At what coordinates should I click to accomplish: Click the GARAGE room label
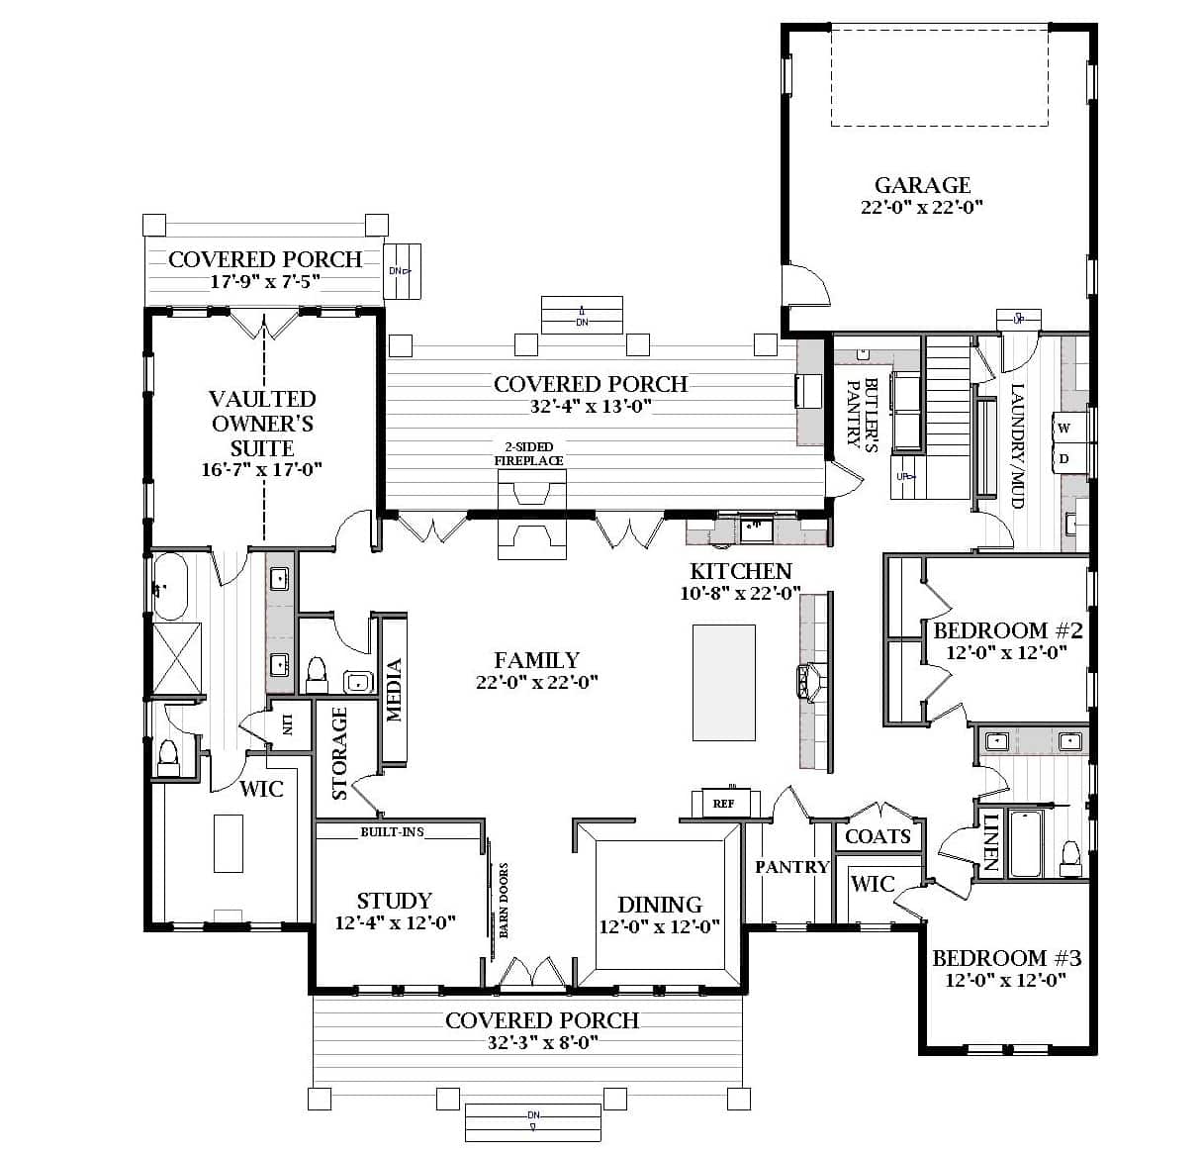[922, 185]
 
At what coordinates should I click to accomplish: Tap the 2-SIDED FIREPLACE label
[529, 454]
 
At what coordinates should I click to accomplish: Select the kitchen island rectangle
[723, 682]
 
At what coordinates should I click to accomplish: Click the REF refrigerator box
[724, 804]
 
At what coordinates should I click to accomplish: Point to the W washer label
[1064, 429]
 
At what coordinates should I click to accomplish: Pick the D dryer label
[1064, 459]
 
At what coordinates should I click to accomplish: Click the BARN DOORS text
[504, 901]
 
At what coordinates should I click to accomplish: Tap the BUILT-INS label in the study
[392, 832]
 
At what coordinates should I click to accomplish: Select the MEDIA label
[394, 690]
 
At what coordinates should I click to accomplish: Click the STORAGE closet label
[339, 753]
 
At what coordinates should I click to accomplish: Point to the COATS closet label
[878, 837]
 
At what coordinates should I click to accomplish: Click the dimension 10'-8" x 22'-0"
[740, 594]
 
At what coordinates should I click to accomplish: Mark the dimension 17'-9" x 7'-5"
[265, 282]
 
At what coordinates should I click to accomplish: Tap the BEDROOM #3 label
[1006, 958]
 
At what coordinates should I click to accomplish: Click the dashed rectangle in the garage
[939, 77]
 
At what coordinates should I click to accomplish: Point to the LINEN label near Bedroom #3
[989, 843]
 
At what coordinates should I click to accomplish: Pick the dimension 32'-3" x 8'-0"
[542, 1043]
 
